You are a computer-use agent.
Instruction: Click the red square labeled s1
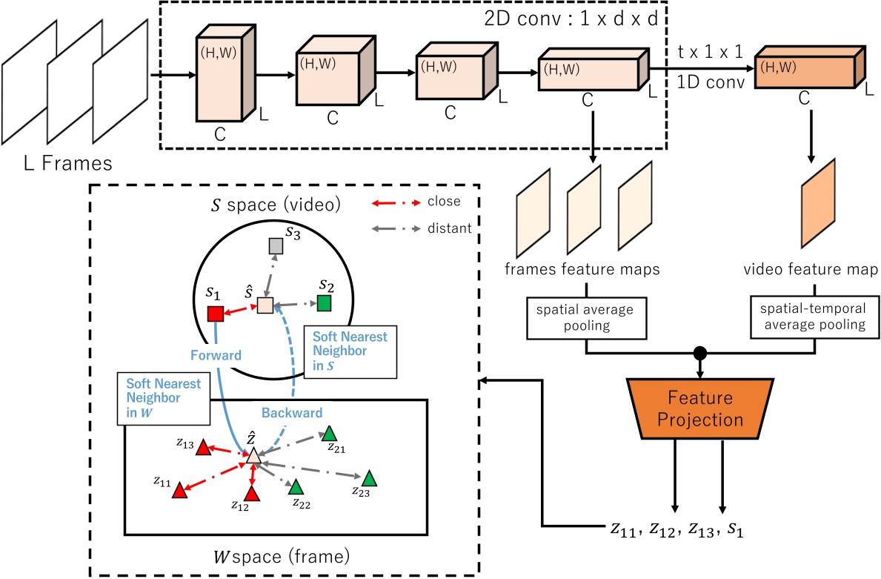216,314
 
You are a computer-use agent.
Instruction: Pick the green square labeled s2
323,302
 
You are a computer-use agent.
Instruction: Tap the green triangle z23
368,479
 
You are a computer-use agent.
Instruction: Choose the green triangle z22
296,487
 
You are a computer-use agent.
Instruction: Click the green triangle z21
328,434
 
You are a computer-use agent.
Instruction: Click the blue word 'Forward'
215,354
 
